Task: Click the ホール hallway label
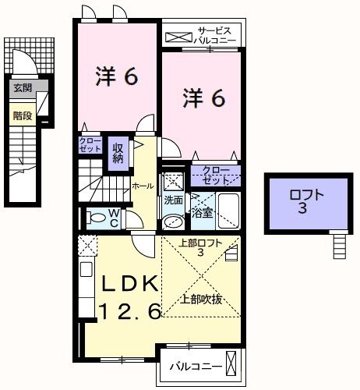pyautogui.click(x=143, y=186)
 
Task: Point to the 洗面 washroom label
pyautogui.click(x=173, y=200)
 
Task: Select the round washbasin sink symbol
pyautogui.click(x=171, y=220)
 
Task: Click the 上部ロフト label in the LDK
pyautogui.click(x=200, y=247)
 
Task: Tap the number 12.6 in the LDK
pyautogui.click(x=129, y=311)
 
